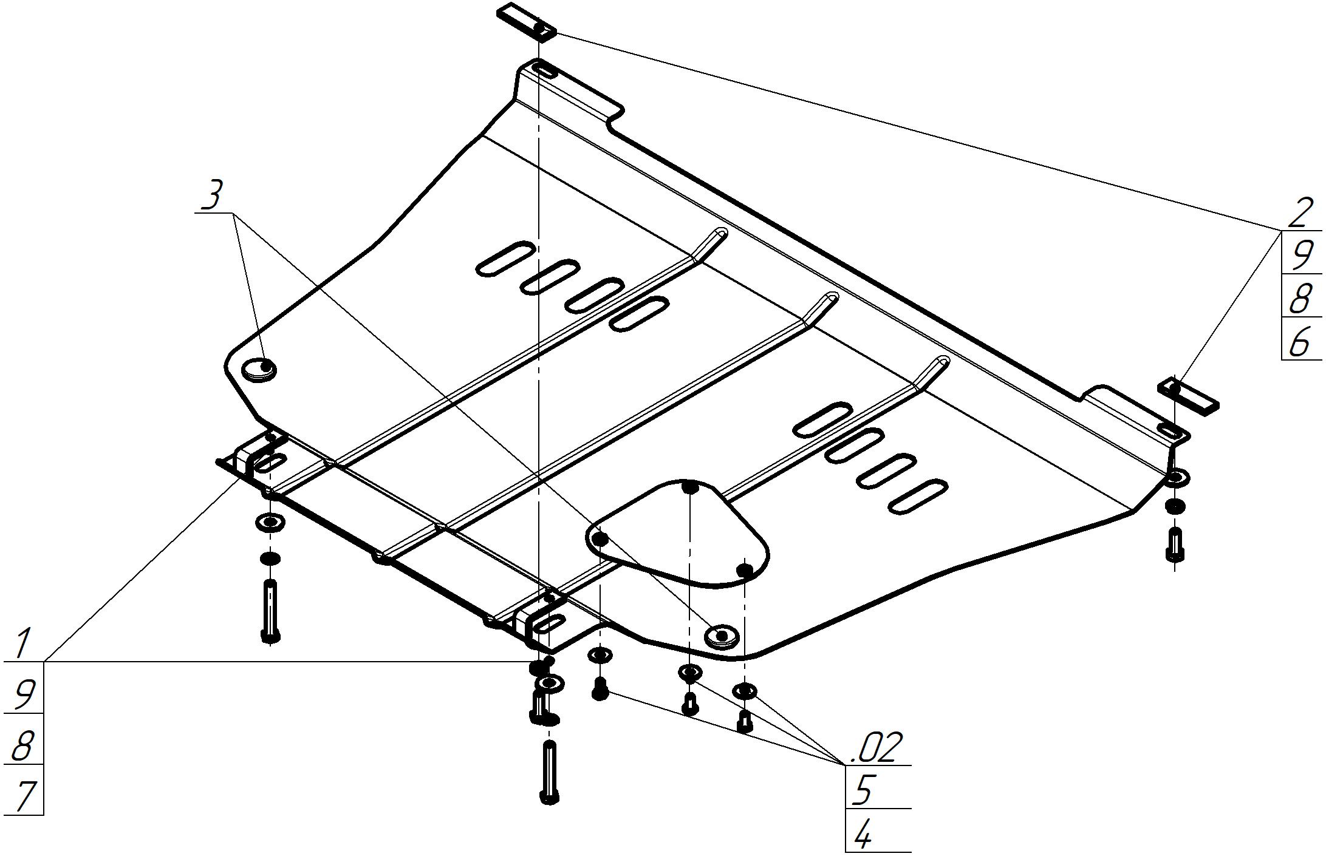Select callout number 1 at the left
point(23,644)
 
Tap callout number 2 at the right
point(1299,213)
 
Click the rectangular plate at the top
point(527,21)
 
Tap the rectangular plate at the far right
point(1189,395)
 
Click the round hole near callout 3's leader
point(259,368)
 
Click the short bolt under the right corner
point(1175,545)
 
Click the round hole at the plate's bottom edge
point(721,636)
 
